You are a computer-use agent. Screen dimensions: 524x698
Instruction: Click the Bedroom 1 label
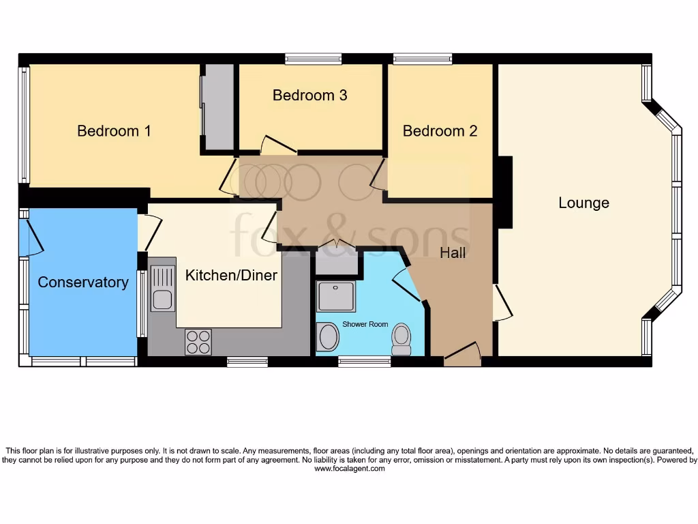114,131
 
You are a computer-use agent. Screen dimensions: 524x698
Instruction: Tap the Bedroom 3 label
309,96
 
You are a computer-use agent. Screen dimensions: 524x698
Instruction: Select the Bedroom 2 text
440,131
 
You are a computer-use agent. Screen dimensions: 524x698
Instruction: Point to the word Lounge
583,203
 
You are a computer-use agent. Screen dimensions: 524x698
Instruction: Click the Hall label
453,253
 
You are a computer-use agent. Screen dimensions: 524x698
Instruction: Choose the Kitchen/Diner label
231,276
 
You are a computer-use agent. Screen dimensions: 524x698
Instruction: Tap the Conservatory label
82,282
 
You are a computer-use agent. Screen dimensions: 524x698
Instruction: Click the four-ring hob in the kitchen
198,342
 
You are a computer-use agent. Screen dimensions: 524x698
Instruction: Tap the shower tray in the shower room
335,296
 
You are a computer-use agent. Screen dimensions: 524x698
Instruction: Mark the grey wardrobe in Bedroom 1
218,107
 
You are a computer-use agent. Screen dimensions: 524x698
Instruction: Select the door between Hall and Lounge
502,303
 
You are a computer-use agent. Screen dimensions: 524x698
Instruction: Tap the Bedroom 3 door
278,145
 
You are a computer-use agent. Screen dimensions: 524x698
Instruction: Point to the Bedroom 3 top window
313,59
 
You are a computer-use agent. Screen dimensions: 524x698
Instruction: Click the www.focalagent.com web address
349,469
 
